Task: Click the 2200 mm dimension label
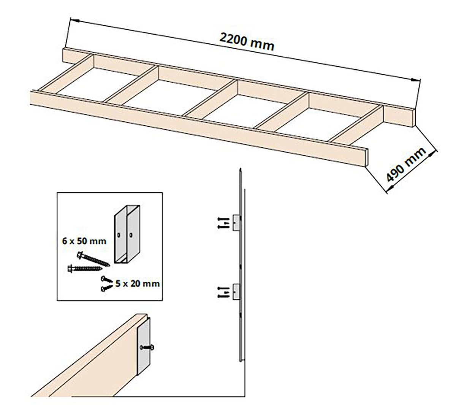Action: [247, 41]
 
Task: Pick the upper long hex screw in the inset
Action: [93, 258]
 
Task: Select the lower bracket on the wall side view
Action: [236, 291]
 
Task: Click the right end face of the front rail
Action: [367, 157]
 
